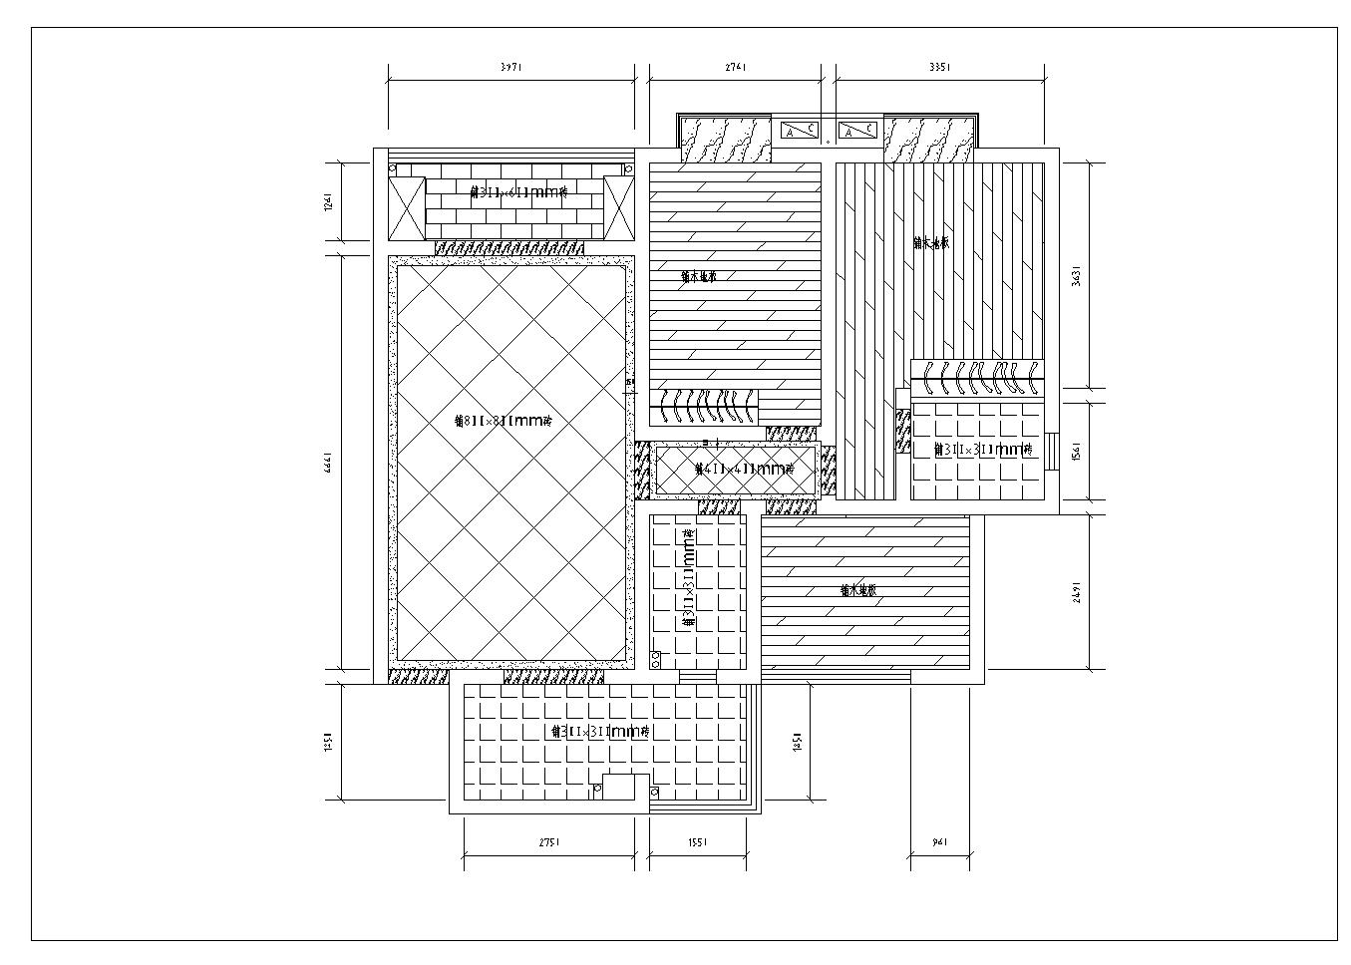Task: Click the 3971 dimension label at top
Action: [x=510, y=68]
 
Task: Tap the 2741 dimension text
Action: [x=735, y=68]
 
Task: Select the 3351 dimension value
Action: [x=939, y=68]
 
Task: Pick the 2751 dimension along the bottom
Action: [x=549, y=842]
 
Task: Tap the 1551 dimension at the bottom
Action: [x=697, y=842]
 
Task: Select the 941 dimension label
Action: [x=939, y=842]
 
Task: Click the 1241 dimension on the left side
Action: [x=328, y=201]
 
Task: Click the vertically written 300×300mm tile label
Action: [x=688, y=578]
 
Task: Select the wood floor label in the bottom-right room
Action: [x=858, y=590]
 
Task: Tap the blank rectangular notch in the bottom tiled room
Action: [x=626, y=787]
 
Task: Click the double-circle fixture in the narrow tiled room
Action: [x=656, y=658]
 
